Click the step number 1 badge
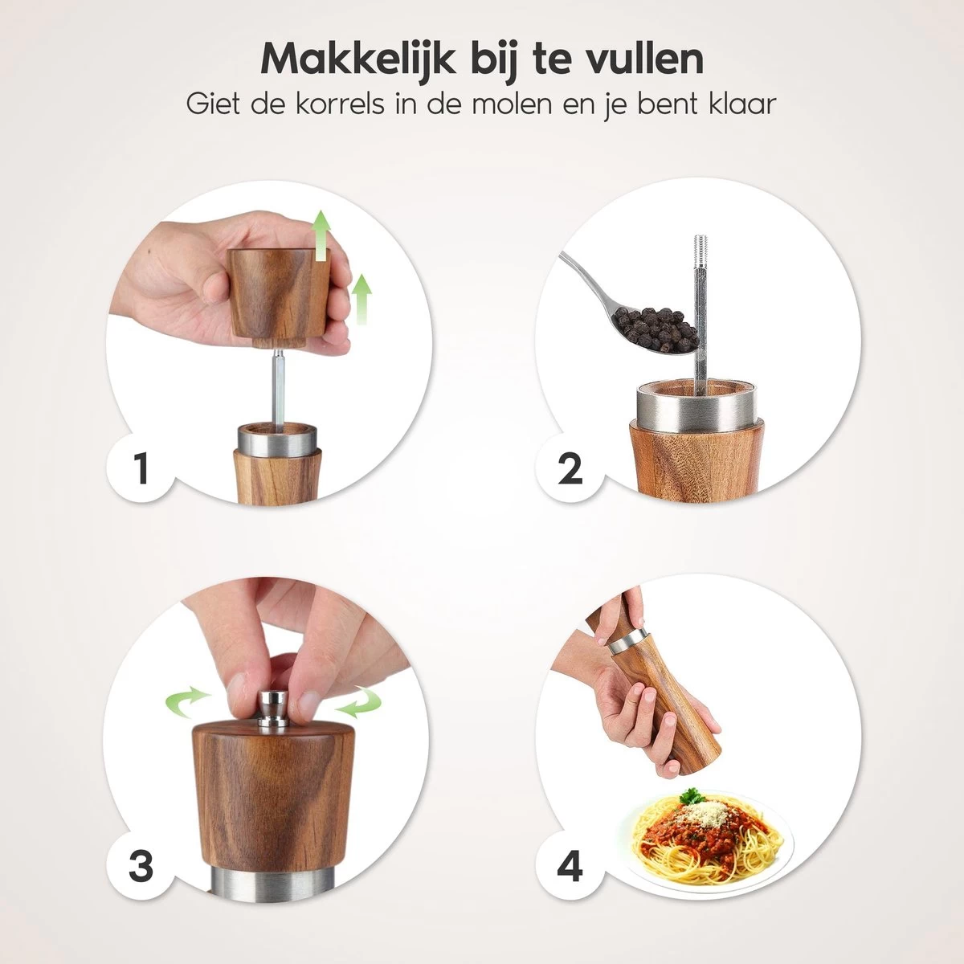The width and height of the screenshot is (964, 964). click(141, 468)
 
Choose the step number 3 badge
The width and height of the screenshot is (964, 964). click(141, 867)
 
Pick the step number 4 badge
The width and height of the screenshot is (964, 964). click(569, 867)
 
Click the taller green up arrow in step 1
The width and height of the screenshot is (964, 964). click(321, 234)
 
